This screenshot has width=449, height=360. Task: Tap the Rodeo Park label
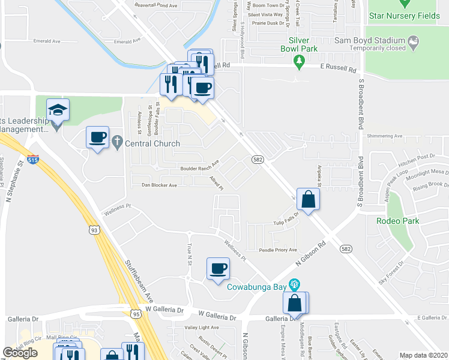coord(393,221)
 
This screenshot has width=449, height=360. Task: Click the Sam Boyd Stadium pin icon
coord(414,41)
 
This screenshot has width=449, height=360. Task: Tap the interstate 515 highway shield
coord(37,160)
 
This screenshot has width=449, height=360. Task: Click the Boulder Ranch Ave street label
coord(200,167)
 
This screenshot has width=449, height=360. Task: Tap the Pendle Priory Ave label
coord(278,250)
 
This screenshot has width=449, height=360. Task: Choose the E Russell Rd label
coord(339,69)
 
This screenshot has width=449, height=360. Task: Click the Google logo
coord(20,353)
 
